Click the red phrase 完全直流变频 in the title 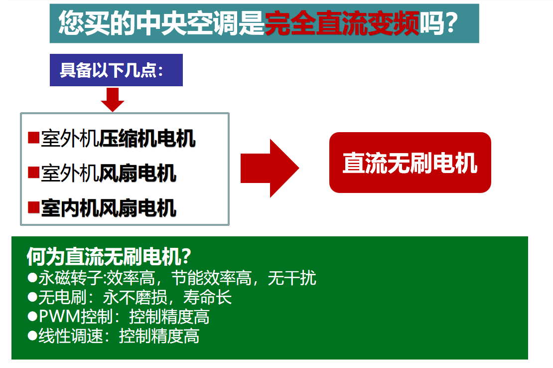342,23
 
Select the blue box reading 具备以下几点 116,70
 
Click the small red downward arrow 113,100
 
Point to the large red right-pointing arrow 270,168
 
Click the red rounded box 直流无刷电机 410,163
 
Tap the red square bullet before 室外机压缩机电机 33,138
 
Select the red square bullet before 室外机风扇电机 33,173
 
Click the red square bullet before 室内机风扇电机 33,207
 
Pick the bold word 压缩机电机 147,138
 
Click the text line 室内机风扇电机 109,208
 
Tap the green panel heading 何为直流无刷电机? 109,256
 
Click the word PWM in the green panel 60,317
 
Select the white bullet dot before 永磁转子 32,278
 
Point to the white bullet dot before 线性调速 32,336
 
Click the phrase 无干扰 292,278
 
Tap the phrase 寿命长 207,297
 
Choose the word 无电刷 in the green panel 62,297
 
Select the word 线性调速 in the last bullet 71,336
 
